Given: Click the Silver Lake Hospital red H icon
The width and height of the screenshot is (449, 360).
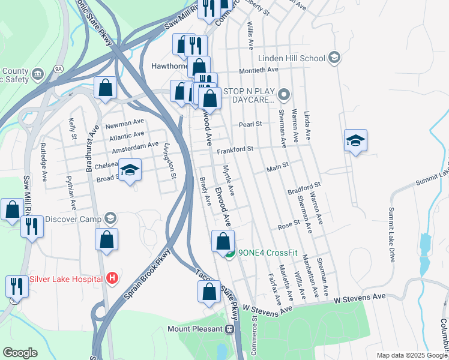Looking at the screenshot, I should click(111, 278).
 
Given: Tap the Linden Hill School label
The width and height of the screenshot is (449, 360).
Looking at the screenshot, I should click(292, 58).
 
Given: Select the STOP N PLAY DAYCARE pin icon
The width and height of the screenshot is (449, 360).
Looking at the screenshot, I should click(285, 95).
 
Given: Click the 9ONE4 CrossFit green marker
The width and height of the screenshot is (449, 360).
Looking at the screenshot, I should click(229, 253).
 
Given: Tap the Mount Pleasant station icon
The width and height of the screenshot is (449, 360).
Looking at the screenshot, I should click(229, 329).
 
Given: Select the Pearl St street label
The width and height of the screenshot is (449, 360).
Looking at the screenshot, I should click(250, 124).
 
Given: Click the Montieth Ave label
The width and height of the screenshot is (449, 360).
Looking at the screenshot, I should click(259, 70).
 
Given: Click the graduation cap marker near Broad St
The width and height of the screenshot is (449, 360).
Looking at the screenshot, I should click(129, 170).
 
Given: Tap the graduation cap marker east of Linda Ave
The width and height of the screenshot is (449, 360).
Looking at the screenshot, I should click(355, 140).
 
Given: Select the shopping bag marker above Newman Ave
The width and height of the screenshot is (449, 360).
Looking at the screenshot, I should click(105, 87).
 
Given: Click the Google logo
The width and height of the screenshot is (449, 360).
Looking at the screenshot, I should click(20, 353).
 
